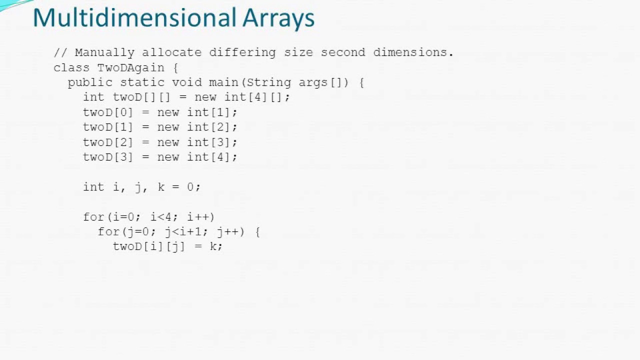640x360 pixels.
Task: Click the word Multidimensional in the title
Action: coord(134,18)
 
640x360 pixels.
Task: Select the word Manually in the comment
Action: coord(104,52)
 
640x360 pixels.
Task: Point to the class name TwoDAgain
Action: coord(130,67)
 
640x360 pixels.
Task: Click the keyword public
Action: coord(90,82)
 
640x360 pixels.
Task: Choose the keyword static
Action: coord(142,82)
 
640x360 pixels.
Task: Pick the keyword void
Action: coord(186,82)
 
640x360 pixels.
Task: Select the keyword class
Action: coord(71,67)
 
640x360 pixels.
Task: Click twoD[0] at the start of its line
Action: coord(108,112)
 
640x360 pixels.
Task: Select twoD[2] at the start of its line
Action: coord(108,142)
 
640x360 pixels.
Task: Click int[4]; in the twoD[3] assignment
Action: coord(212,157)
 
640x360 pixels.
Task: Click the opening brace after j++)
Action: coord(257,232)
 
